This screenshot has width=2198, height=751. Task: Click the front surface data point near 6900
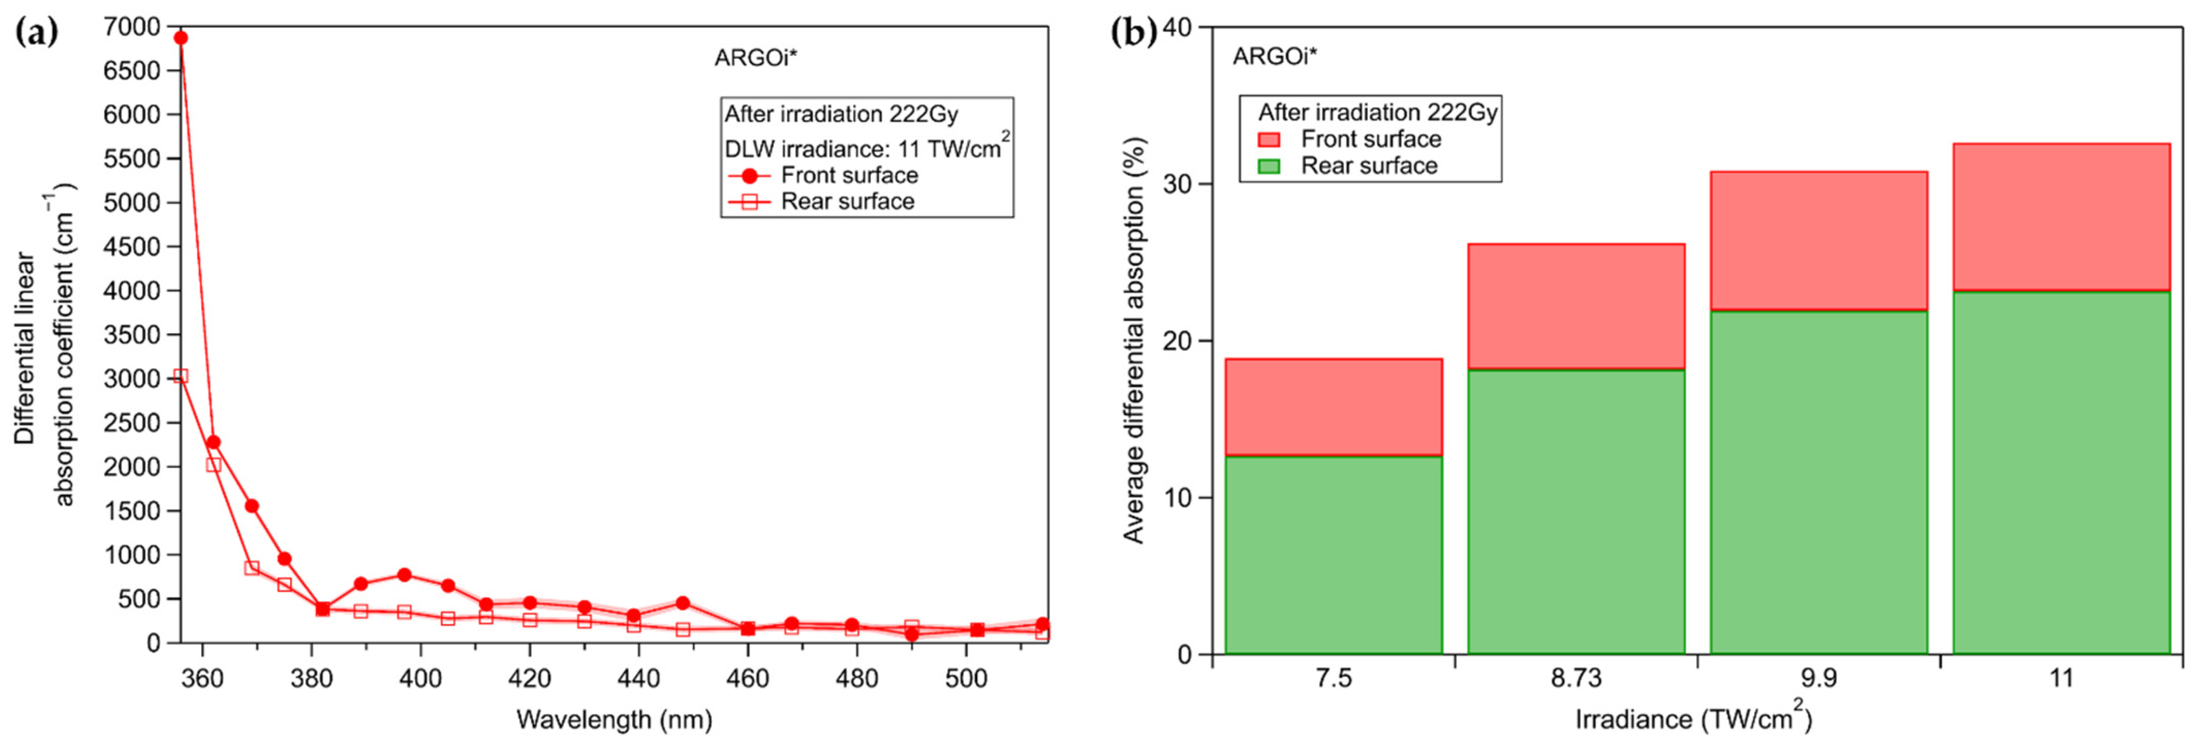tap(181, 38)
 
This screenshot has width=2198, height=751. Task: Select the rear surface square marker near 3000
tap(181, 377)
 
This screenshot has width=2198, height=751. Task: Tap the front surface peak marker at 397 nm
tap(404, 575)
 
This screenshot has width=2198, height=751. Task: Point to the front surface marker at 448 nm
tap(682, 603)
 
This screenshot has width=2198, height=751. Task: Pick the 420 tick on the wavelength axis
tap(529, 679)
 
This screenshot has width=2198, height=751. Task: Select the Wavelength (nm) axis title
tap(614, 719)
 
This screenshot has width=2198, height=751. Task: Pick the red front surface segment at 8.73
tap(1576, 306)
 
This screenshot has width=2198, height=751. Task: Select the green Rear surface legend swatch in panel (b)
tap(1269, 166)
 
